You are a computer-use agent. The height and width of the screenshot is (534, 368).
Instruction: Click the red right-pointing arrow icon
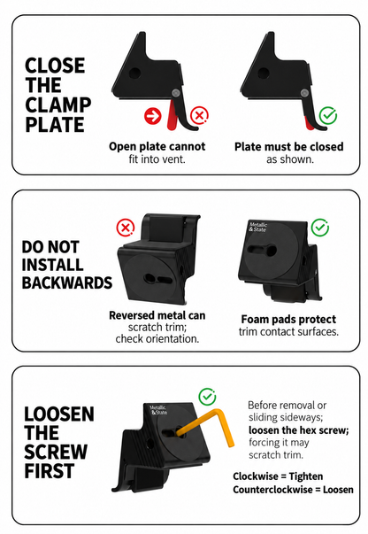[153, 116]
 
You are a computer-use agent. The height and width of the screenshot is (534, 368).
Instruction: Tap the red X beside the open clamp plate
[199, 115]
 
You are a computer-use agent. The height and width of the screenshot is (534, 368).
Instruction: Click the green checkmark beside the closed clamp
[328, 115]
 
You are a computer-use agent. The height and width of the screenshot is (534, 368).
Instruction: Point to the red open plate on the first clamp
[172, 116]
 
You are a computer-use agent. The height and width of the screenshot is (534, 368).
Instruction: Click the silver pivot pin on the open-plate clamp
[175, 93]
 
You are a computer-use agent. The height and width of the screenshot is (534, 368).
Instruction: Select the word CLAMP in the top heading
[58, 104]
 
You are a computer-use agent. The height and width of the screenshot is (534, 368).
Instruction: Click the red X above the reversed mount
[126, 228]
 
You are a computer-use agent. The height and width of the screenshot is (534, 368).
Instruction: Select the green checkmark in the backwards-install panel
[320, 228]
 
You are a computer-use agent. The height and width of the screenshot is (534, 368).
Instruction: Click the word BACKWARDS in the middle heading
[67, 283]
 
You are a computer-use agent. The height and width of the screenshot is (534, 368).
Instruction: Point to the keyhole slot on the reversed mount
[158, 279]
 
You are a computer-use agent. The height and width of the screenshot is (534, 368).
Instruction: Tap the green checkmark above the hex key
[207, 397]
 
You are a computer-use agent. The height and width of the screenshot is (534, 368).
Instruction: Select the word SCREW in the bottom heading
[56, 452]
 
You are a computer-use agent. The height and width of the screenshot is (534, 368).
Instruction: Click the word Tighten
[306, 476]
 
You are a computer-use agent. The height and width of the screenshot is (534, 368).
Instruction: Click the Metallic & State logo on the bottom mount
[158, 410]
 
